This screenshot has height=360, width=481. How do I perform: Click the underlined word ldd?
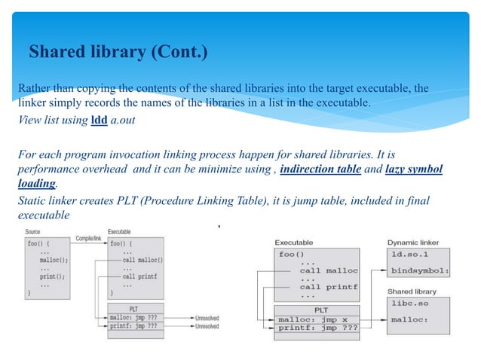99,120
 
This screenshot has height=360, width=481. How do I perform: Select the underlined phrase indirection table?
320,169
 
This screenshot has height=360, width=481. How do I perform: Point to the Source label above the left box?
32,232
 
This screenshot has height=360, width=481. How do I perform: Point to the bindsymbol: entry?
420,270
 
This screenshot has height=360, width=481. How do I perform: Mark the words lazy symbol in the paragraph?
413,169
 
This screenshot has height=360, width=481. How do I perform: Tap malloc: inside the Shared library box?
411,319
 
